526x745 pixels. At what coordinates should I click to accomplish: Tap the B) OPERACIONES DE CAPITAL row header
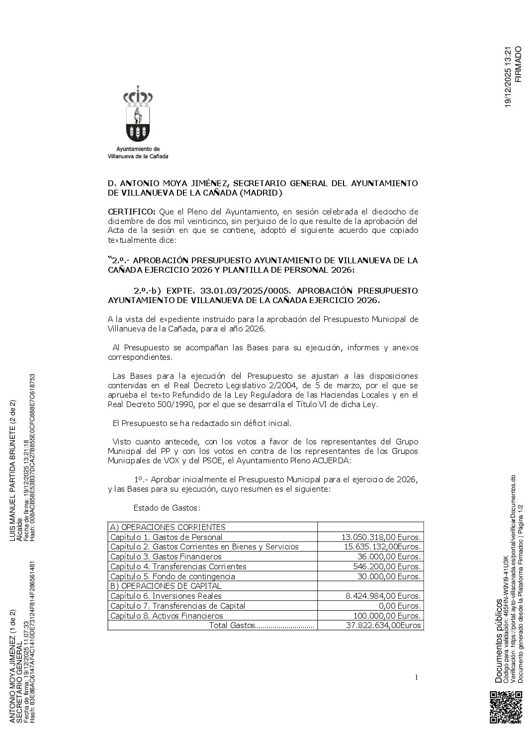coord(166,586)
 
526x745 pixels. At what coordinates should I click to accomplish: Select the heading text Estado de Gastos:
coord(167,508)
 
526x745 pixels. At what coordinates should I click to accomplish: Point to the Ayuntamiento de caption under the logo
coord(138,149)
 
